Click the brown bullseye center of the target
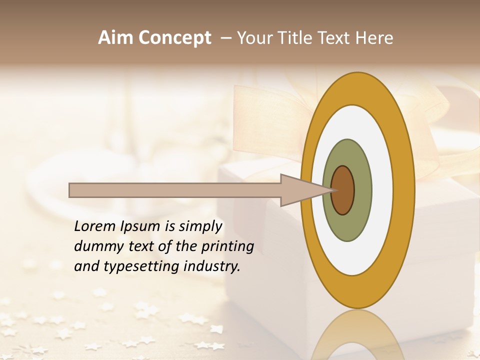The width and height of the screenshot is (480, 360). tap(343, 190)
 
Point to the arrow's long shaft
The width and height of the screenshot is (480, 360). tap(175, 190)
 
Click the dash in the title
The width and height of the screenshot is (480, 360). tap(226, 38)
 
